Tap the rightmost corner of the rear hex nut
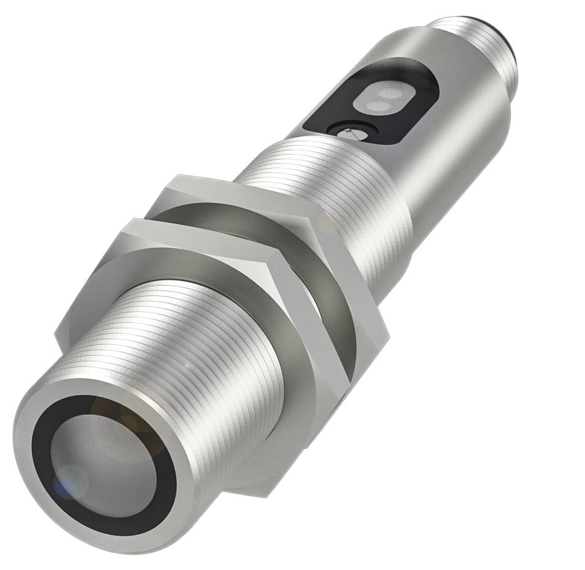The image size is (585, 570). pyautogui.click(x=388, y=334)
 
